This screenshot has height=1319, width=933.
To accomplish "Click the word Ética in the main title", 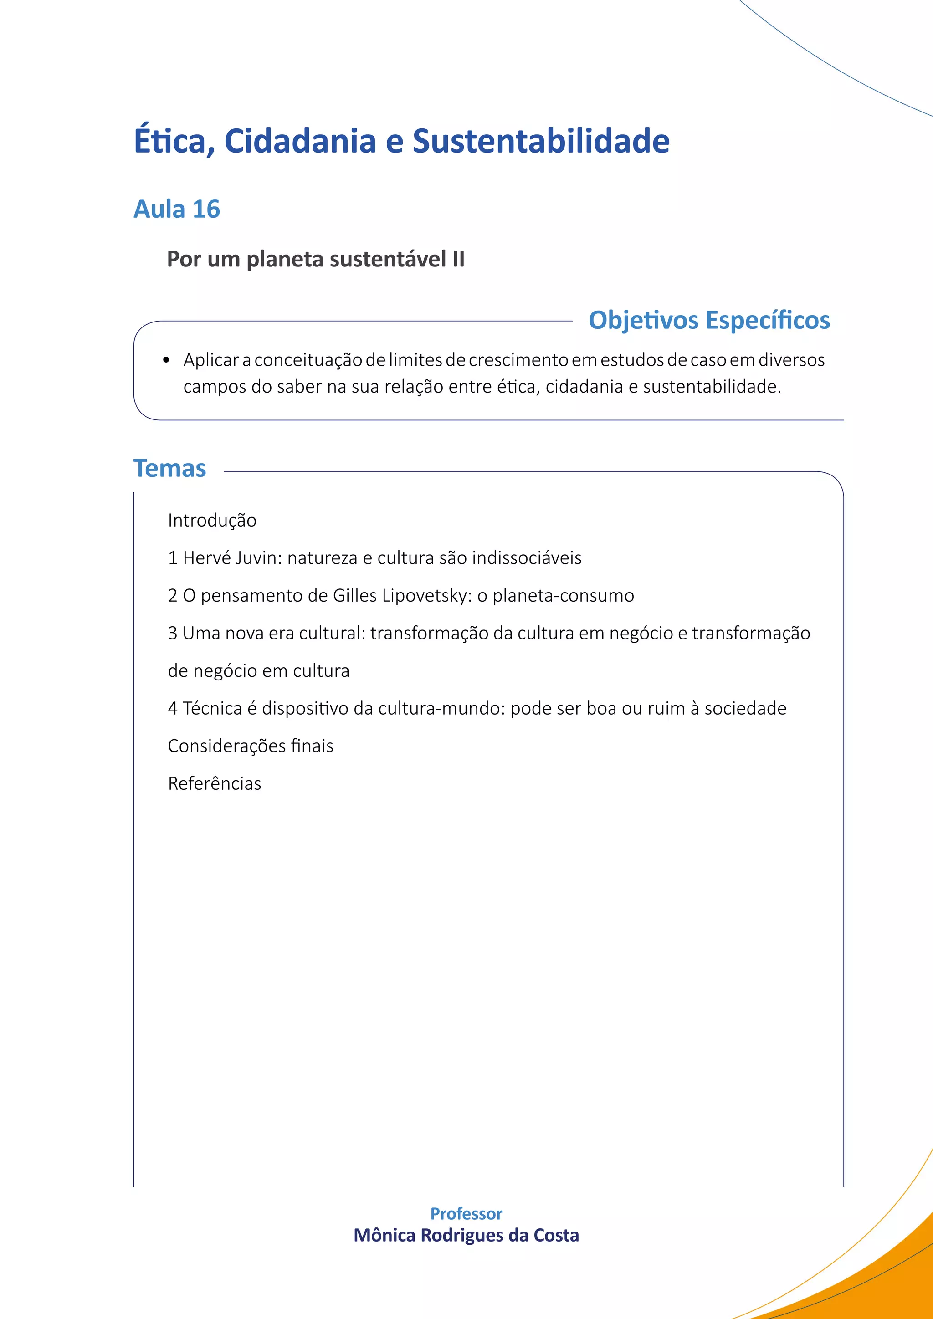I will click(169, 141).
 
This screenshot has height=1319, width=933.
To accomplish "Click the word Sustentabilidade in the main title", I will click(541, 141).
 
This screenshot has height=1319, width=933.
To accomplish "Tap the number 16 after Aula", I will click(206, 209).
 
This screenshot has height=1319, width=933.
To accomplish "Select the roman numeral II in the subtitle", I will click(458, 259).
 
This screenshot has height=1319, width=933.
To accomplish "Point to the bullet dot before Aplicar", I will click(166, 361).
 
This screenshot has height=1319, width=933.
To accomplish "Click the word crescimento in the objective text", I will click(518, 360).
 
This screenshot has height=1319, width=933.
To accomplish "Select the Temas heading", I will click(169, 468).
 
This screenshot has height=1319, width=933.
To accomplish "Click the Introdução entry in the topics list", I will click(212, 520).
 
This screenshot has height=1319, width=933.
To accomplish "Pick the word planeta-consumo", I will click(563, 596).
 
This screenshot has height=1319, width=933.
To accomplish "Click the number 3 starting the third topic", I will click(172, 633).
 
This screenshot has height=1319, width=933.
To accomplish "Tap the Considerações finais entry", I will click(251, 746).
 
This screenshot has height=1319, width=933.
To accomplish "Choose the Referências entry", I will click(214, 783).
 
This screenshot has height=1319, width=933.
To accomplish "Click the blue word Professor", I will click(466, 1213).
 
